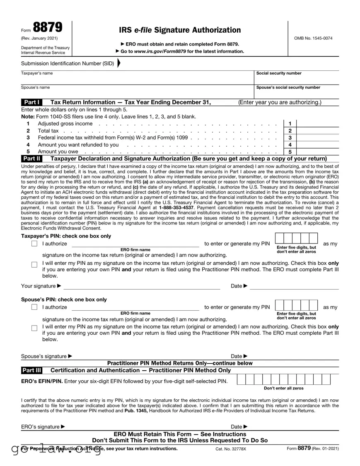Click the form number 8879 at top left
(48, 27)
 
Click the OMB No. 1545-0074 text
(313, 39)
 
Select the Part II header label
(32, 159)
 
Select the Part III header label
(32, 370)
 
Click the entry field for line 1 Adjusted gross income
(318, 123)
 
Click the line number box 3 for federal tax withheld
(290, 138)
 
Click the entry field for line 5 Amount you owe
(318, 152)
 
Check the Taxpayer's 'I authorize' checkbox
(34, 244)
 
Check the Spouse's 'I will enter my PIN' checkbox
(34, 328)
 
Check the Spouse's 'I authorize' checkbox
(34, 307)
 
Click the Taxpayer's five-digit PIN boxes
(296, 239)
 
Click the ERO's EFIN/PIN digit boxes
(284, 379)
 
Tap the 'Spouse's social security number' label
(288, 87)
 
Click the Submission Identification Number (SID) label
(68, 63)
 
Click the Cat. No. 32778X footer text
(230, 449)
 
